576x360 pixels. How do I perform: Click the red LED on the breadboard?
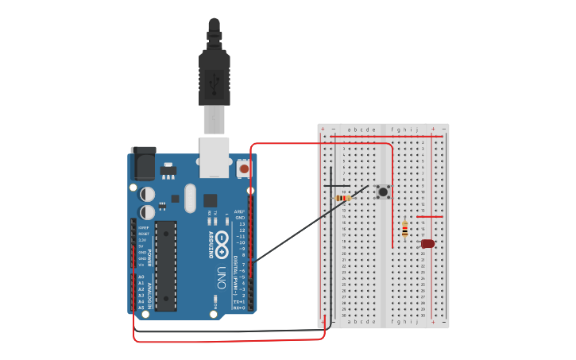427,244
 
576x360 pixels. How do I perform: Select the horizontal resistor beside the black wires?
343,197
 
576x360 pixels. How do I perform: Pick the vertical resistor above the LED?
405,229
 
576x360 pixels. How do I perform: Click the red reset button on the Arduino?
244,168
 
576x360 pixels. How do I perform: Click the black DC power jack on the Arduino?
144,164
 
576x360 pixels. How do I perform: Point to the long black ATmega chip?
166,265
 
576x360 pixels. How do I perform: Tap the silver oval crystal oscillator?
190,198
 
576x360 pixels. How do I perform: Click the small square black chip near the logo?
210,200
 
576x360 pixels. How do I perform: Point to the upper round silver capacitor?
148,193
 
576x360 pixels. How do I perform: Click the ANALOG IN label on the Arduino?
149,292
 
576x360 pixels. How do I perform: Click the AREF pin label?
239,211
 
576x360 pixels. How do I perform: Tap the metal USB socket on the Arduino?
214,157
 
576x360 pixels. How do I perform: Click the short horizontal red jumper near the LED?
429,216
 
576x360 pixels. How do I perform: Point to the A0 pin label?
141,277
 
